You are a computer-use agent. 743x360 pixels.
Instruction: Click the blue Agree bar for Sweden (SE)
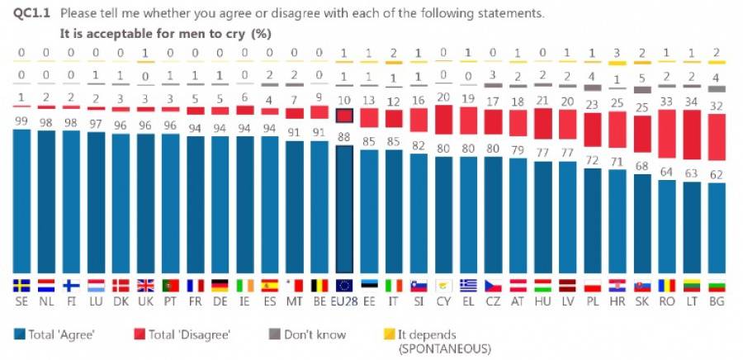point(21,202)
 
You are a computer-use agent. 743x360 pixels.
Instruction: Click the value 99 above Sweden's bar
point(21,121)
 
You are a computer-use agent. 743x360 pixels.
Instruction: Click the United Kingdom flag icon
point(145,285)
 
